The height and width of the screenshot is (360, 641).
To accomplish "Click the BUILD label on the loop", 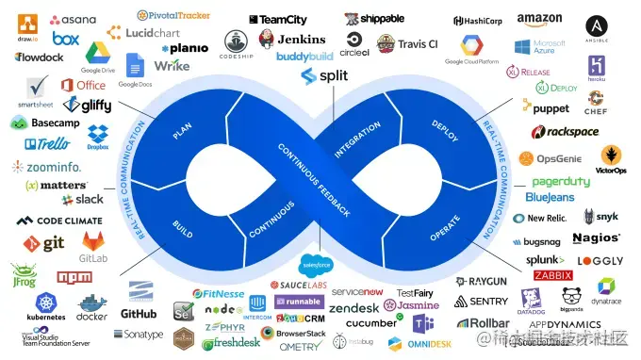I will coord(183,227).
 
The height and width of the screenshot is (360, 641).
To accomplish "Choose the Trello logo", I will coord(47,144).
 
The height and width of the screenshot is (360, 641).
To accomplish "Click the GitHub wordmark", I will coord(139,313).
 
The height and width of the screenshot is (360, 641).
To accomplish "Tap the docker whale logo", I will coord(92,305).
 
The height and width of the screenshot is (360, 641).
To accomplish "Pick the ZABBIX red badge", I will coord(553,275).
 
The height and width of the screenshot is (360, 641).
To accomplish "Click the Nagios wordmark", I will coord(596,237).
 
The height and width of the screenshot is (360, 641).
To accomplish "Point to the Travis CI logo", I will coord(407,43).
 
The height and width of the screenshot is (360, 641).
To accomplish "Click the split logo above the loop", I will coord(324,75).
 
